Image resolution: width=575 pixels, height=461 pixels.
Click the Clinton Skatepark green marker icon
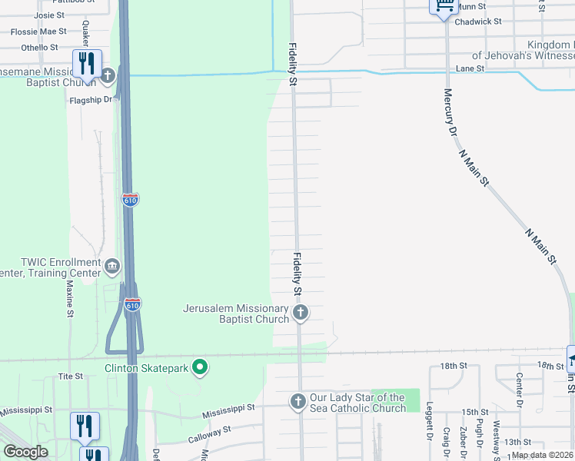pos(200,368)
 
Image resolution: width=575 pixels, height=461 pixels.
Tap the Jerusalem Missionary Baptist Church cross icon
pos(301,313)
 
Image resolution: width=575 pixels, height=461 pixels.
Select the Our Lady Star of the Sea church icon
pos(298,401)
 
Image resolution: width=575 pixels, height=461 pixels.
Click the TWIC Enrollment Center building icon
pos(112,267)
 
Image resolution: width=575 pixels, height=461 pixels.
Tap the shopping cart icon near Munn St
pos(444,6)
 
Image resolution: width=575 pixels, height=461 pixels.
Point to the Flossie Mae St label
pos(38,32)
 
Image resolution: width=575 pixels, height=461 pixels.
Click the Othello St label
pos(35,48)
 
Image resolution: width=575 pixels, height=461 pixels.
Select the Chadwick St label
pos(477,22)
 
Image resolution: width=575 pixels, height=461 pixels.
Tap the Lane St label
pos(469,68)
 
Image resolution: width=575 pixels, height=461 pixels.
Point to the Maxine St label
pos(69,299)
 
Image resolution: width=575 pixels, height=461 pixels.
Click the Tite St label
pos(70,376)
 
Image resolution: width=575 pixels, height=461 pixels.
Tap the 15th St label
pos(475,413)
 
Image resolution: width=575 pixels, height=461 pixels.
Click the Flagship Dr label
pos(91,99)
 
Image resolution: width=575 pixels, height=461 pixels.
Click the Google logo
pos(25,452)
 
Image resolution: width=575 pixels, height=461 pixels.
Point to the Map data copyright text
pos(543,455)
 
